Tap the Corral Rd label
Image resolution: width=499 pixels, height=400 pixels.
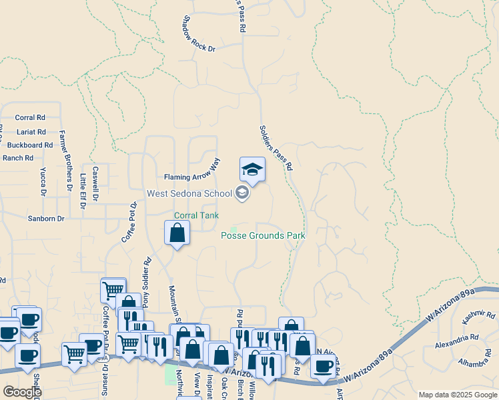pos(29,117)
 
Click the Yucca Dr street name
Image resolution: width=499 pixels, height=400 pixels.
pos(43,182)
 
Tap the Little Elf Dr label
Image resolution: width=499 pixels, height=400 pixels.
pos(83,191)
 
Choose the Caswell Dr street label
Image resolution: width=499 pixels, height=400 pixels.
pos(95,184)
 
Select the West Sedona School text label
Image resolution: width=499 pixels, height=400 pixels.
pos(190,194)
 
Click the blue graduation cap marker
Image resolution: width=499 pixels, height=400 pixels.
pos(252,170)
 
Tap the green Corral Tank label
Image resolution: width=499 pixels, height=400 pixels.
pos(196,215)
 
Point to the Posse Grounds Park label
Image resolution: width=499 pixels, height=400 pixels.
pos(263,235)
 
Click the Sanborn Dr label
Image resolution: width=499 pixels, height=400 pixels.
pos(46,218)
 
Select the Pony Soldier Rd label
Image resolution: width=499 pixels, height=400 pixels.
pos(148,283)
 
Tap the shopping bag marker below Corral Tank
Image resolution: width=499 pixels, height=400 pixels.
pos(177,233)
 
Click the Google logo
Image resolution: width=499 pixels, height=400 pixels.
pos(22,392)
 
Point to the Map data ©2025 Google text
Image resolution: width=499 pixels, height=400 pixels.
pos(458,395)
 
